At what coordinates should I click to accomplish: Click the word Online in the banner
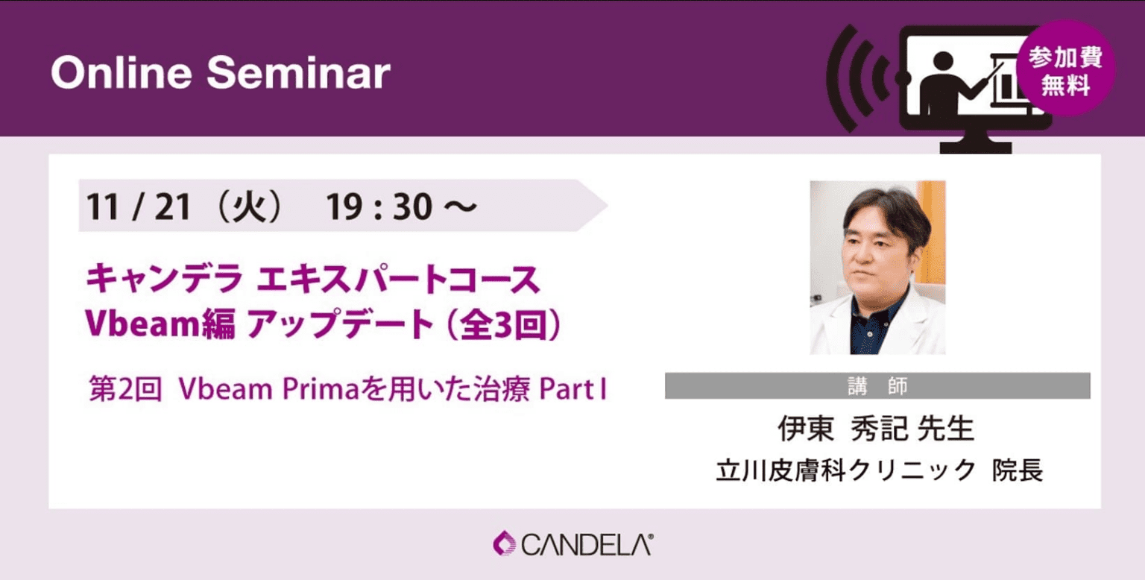(x=122, y=73)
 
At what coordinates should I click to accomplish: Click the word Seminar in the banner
(x=298, y=73)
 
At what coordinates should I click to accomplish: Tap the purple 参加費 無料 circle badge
(x=1065, y=69)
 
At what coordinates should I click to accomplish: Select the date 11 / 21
(x=139, y=207)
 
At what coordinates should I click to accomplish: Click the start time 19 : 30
(x=379, y=207)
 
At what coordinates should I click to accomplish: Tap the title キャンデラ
(x=164, y=279)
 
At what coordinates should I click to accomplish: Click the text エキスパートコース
(x=397, y=279)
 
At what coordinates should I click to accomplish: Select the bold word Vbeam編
(x=160, y=324)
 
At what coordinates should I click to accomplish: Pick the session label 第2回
(x=125, y=389)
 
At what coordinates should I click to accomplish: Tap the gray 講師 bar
(x=877, y=386)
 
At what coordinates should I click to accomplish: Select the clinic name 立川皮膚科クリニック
(x=847, y=470)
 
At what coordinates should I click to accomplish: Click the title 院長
(x=1018, y=470)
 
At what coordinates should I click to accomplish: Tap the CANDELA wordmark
(x=587, y=545)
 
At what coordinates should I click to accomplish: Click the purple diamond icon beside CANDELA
(x=504, y=543)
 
